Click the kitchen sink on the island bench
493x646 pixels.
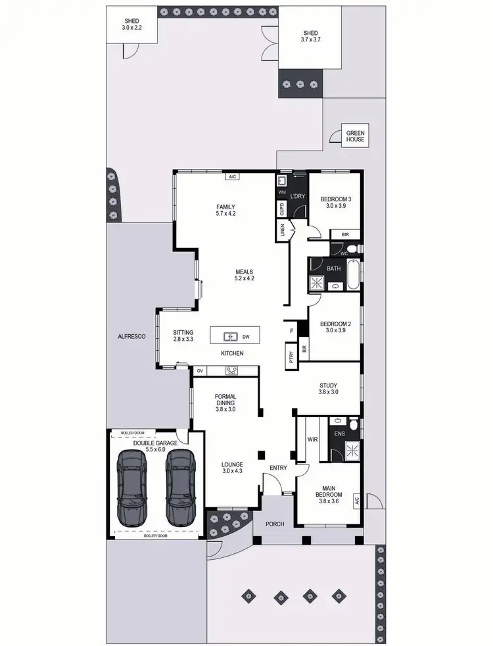click(230, 337)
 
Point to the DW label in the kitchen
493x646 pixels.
click(246, 337)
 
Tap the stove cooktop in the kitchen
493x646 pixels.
click(232, 371)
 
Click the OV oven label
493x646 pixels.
click(199, 371)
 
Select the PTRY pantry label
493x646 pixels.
click(291, 356)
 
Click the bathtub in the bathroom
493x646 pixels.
click(354, 274)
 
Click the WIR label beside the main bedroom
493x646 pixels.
click(312, 439)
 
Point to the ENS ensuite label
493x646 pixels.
click(339, 434)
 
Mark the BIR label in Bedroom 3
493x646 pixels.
click(345, 234)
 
